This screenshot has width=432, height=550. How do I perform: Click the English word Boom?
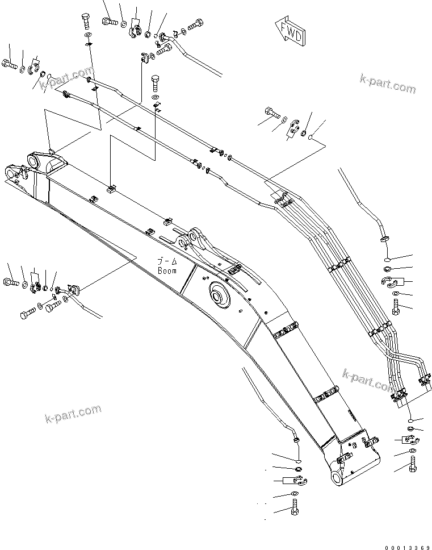(x=168, y=270)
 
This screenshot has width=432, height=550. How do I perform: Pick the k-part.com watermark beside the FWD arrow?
(x=387, y=84)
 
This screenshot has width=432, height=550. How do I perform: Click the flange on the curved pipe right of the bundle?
(x=384, y=238)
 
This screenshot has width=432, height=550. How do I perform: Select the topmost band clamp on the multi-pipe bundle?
(x=279, y=197)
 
